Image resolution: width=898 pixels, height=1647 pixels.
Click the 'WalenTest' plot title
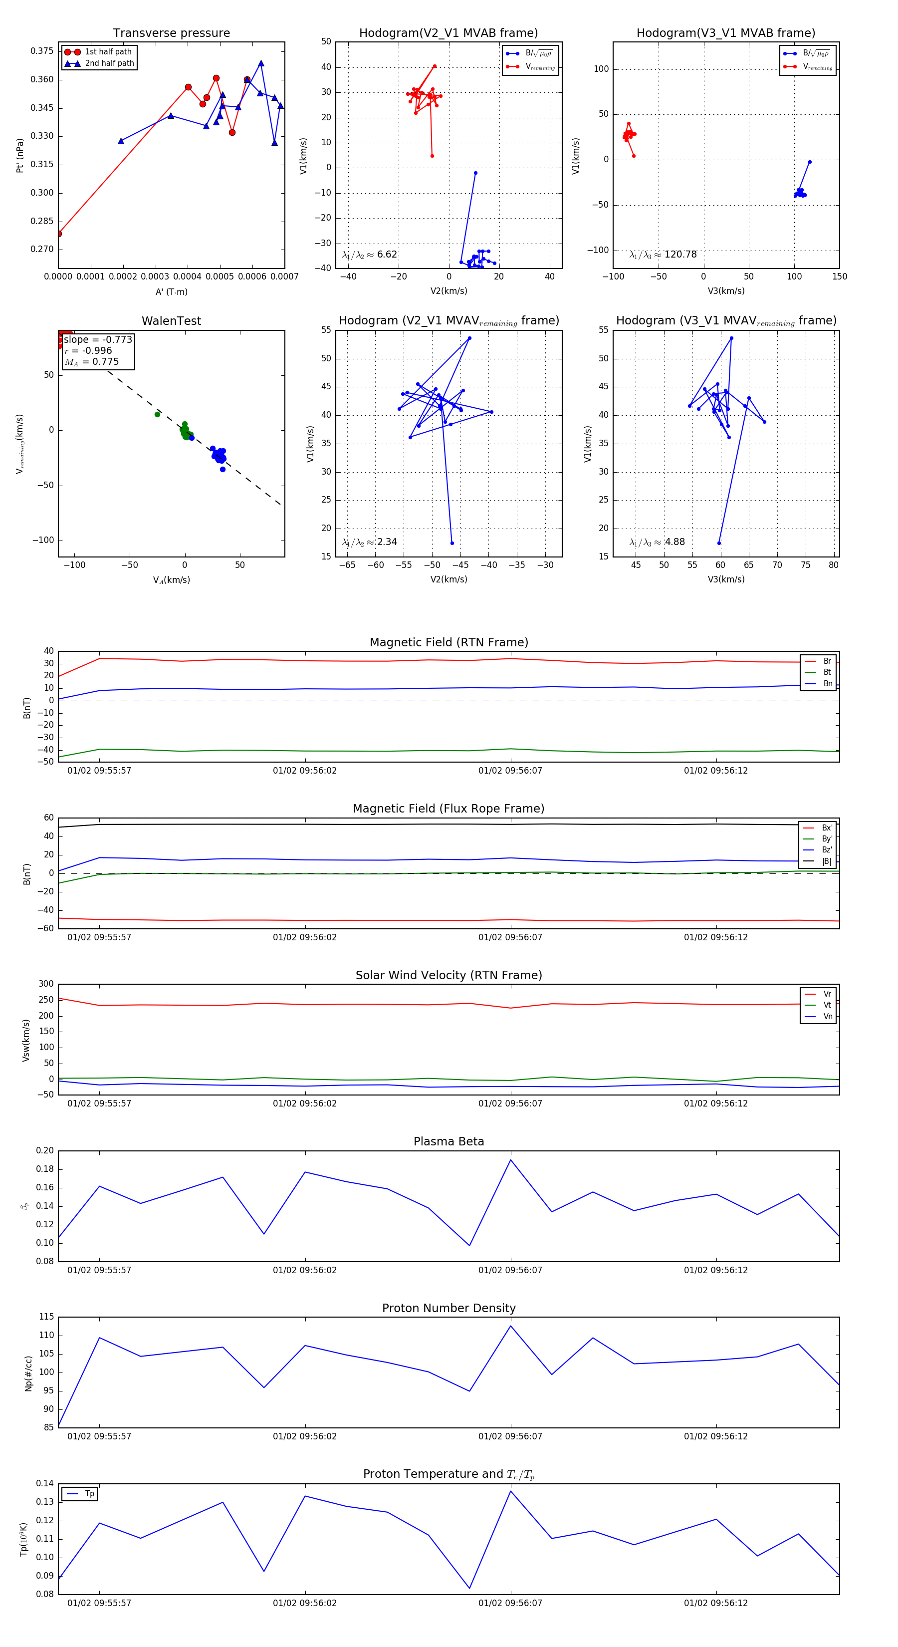coord(171,321)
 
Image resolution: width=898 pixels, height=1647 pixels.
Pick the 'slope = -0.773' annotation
coord(98,339)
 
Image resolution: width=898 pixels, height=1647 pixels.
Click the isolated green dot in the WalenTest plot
coord(157,414)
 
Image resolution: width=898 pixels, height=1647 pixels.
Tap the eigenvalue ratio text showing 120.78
coord(663,255)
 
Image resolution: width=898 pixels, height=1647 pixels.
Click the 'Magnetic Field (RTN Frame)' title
coord(449,642)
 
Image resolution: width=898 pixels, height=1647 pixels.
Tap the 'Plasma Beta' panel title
coord(449,1141)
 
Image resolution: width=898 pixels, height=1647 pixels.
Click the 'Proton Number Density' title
coord(449,1308)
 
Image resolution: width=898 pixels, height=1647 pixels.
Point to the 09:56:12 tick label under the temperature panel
coord(716,1603)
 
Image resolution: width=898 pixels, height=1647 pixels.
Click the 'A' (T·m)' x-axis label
coord(171,291)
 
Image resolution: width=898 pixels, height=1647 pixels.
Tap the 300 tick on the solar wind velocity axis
coord(46,984)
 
